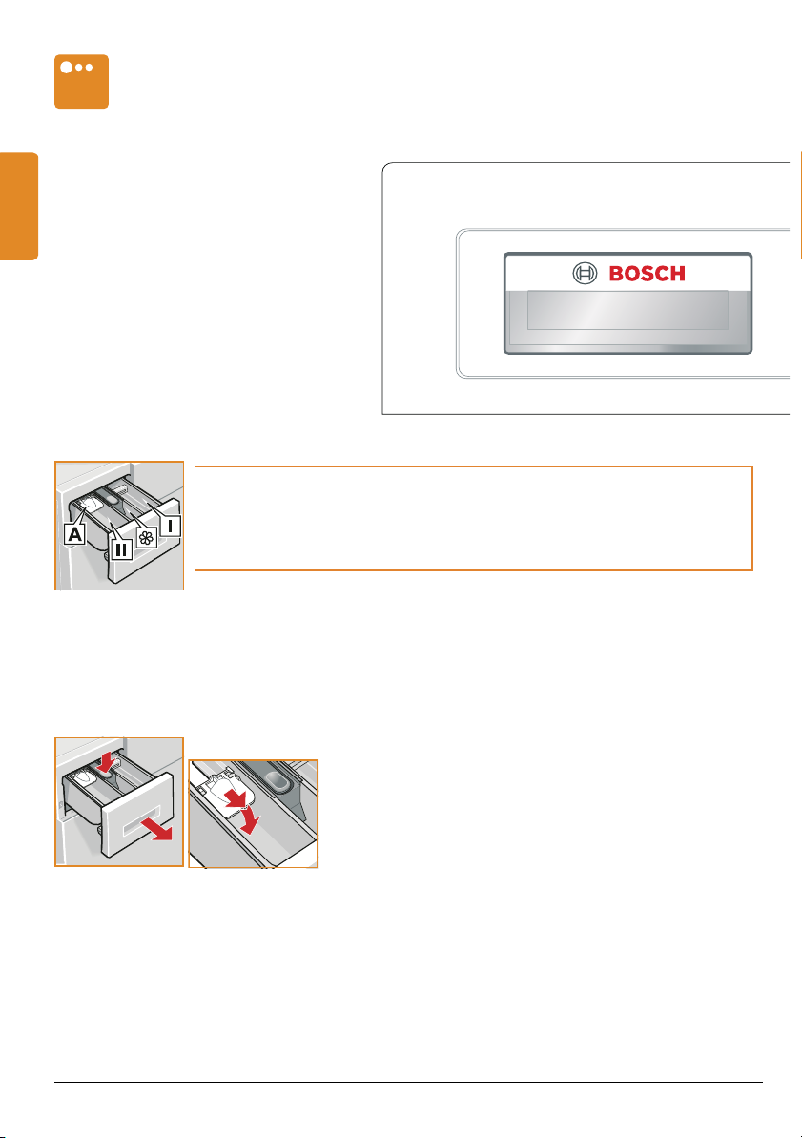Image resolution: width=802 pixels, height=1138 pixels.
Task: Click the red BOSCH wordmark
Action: [x=647, y=274]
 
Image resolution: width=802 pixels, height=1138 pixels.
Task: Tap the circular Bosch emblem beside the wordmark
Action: [x=585, y=274]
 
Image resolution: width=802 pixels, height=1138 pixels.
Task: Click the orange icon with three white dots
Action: [x=81, y=81]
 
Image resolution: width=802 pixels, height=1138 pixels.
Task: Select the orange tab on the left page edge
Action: [x=19, y=205]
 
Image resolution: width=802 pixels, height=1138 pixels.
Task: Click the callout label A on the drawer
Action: [x=74, y=534]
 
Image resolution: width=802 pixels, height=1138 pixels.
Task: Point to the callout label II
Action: [x=121, y=550]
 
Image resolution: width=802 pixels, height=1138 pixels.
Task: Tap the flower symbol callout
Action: [x=147, y=538]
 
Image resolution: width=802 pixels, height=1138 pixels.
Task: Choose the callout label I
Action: [x=170, y=526]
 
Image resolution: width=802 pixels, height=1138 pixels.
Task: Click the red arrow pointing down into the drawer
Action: [x=108, y=762]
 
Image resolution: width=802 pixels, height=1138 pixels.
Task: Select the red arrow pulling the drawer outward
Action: [x=157, y=827]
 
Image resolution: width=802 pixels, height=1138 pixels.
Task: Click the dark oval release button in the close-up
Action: [x=278, y=780]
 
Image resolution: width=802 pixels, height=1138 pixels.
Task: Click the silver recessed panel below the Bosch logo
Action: [x=627, y=310]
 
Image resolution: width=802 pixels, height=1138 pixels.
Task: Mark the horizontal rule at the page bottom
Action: [x=408, y=1082]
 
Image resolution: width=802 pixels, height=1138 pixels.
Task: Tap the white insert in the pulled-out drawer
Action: [x=86, y=778]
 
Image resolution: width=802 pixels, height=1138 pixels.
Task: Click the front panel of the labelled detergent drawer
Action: [x=144, y=541]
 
